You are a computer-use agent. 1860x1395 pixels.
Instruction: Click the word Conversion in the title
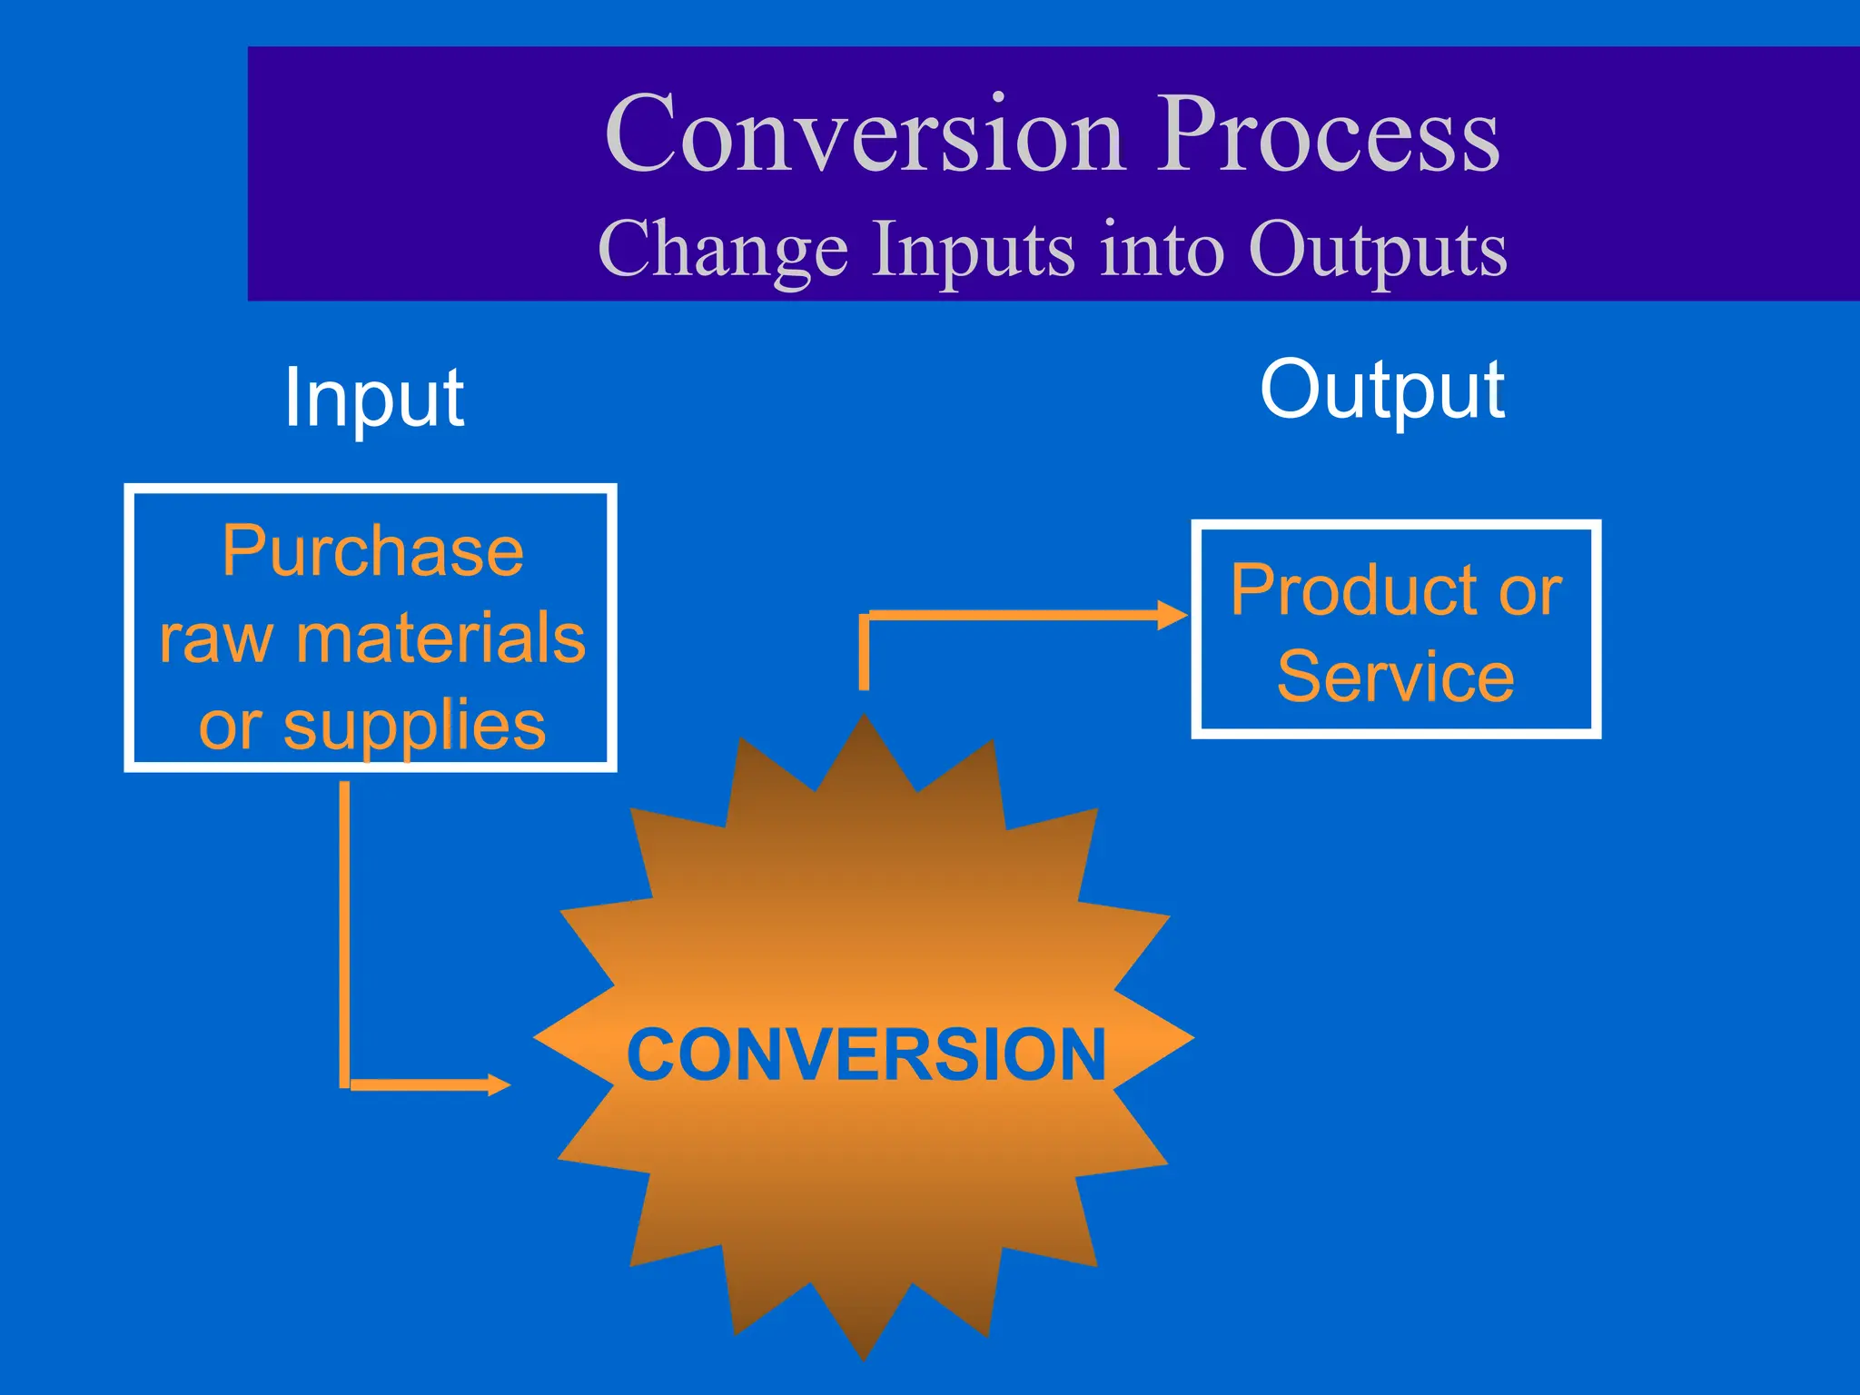click(865, 134)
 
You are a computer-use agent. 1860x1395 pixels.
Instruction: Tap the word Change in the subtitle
click(723, 251)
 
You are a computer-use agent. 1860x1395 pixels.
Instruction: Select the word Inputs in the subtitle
click(973, 251)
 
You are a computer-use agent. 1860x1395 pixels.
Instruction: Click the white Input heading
click(373, 398)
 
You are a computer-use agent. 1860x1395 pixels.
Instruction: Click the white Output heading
click(1381, 391)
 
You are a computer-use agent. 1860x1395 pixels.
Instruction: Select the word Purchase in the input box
click(372, 551)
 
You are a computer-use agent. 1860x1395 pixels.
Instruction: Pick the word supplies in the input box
click(414, 725)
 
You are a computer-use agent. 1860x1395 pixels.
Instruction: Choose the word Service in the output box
click(1395, 677)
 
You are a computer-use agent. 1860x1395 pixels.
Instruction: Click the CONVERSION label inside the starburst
click(866, 1054)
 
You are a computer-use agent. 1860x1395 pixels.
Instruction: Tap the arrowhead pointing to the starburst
click(499, 1084)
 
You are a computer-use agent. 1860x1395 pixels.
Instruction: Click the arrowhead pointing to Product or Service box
click(1172, 615)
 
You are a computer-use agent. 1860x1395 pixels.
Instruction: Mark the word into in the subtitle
click(1161, 251)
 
